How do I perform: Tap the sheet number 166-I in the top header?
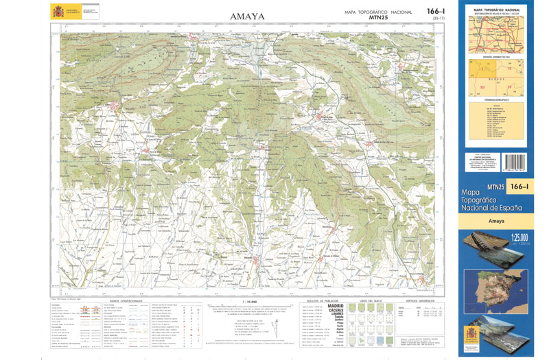click(x=436, y=11)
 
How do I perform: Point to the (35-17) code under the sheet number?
click(x=438, y=19)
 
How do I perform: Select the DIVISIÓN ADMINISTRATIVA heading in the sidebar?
click(x=496, y=56)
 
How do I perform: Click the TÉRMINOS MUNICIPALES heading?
click(x=496, y=100)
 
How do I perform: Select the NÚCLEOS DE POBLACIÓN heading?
click(x=321, y=300)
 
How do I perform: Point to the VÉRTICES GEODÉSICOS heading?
click(x=420, y=300)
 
